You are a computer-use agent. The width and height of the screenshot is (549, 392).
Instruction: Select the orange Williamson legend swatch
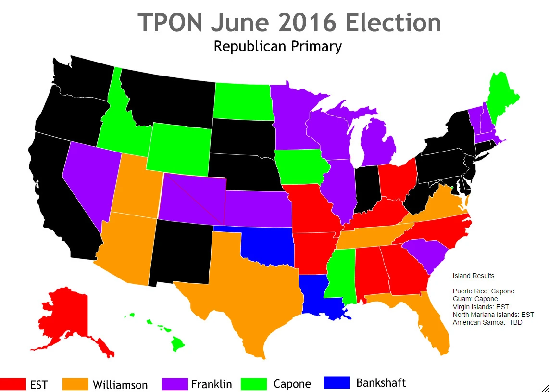point(75,384)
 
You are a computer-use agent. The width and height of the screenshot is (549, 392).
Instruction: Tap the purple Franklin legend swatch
point(174,383)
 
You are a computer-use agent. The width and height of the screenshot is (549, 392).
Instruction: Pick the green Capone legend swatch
point(256,383)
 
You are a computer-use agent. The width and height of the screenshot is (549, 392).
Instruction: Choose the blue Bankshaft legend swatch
point(337,383)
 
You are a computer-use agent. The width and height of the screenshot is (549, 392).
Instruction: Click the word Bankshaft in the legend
point(381,383)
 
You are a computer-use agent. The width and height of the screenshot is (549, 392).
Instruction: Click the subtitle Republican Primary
point(277,47)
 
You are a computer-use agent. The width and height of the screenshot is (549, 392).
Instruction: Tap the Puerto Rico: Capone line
point(483,291)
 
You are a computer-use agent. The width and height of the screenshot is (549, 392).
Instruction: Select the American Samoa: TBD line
point(487,322)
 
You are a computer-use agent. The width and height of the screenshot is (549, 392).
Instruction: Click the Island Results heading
point(473,276)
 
